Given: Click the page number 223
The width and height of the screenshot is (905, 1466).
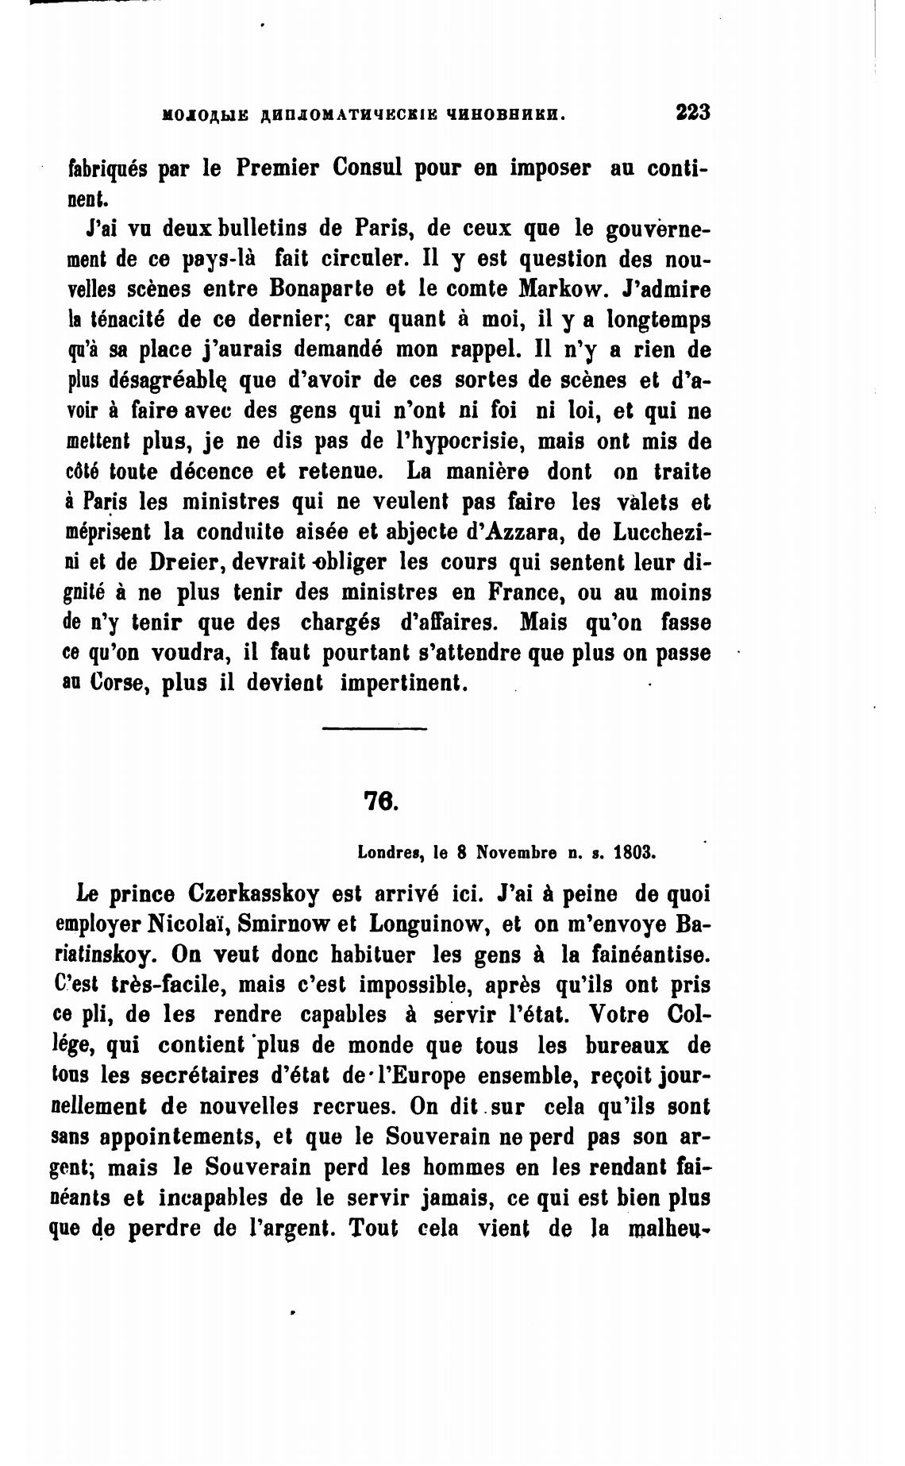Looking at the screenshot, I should (x=692, y=112).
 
